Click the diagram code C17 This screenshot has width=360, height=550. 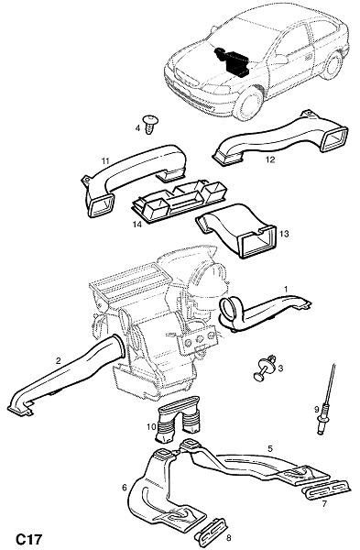tap(28, 539)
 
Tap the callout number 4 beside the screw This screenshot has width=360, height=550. tap(137, 128)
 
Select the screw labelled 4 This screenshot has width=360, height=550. tap(151, 124)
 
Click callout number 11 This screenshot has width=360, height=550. tap(105, 161)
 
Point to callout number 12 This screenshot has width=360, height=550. tap(270, 159)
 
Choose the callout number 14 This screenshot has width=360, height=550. tap(137, 224)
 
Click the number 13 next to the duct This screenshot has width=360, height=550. tap(284, 233)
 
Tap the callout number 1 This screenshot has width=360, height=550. tap(286, 289)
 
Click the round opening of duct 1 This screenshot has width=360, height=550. tap(228, 308)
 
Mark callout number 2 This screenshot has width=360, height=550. tap(59, 360)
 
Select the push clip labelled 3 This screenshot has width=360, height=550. tap(266, 369)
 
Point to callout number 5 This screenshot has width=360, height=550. tap(270, 448)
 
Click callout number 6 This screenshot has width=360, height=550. tap(124, 488)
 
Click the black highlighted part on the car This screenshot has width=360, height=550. tap(233, 60)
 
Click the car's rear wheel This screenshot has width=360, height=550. tap(332, 65)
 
